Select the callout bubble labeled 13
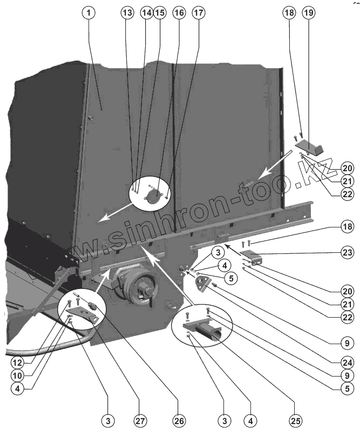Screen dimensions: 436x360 [x=126, y=14]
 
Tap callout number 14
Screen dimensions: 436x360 [x=146, y=14]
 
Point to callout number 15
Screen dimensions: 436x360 [x=160, y=14]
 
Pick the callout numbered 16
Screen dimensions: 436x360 [x=179, y=14]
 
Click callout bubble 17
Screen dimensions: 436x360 [x=199, y=14]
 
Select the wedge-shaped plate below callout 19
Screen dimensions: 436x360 [x=310, y=145]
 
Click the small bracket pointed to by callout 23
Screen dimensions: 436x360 [x=252, y=257]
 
